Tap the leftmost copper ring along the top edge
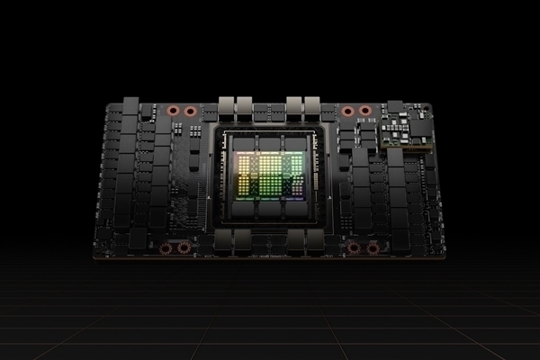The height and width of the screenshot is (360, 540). (x=174, y=112)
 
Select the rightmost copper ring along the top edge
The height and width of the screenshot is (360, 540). (x=364, y=112)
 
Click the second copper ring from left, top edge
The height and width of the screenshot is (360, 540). (x=190, y=112)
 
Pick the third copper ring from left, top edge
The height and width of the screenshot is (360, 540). (x=347, y=112)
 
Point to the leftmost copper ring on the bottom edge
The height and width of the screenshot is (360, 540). (x=165, y=247)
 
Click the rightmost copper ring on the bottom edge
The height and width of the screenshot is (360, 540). (x=370, y=247)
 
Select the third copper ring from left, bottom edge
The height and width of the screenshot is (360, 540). (x=353, y=247)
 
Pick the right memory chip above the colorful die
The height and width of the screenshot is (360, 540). (x=299, y=142)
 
